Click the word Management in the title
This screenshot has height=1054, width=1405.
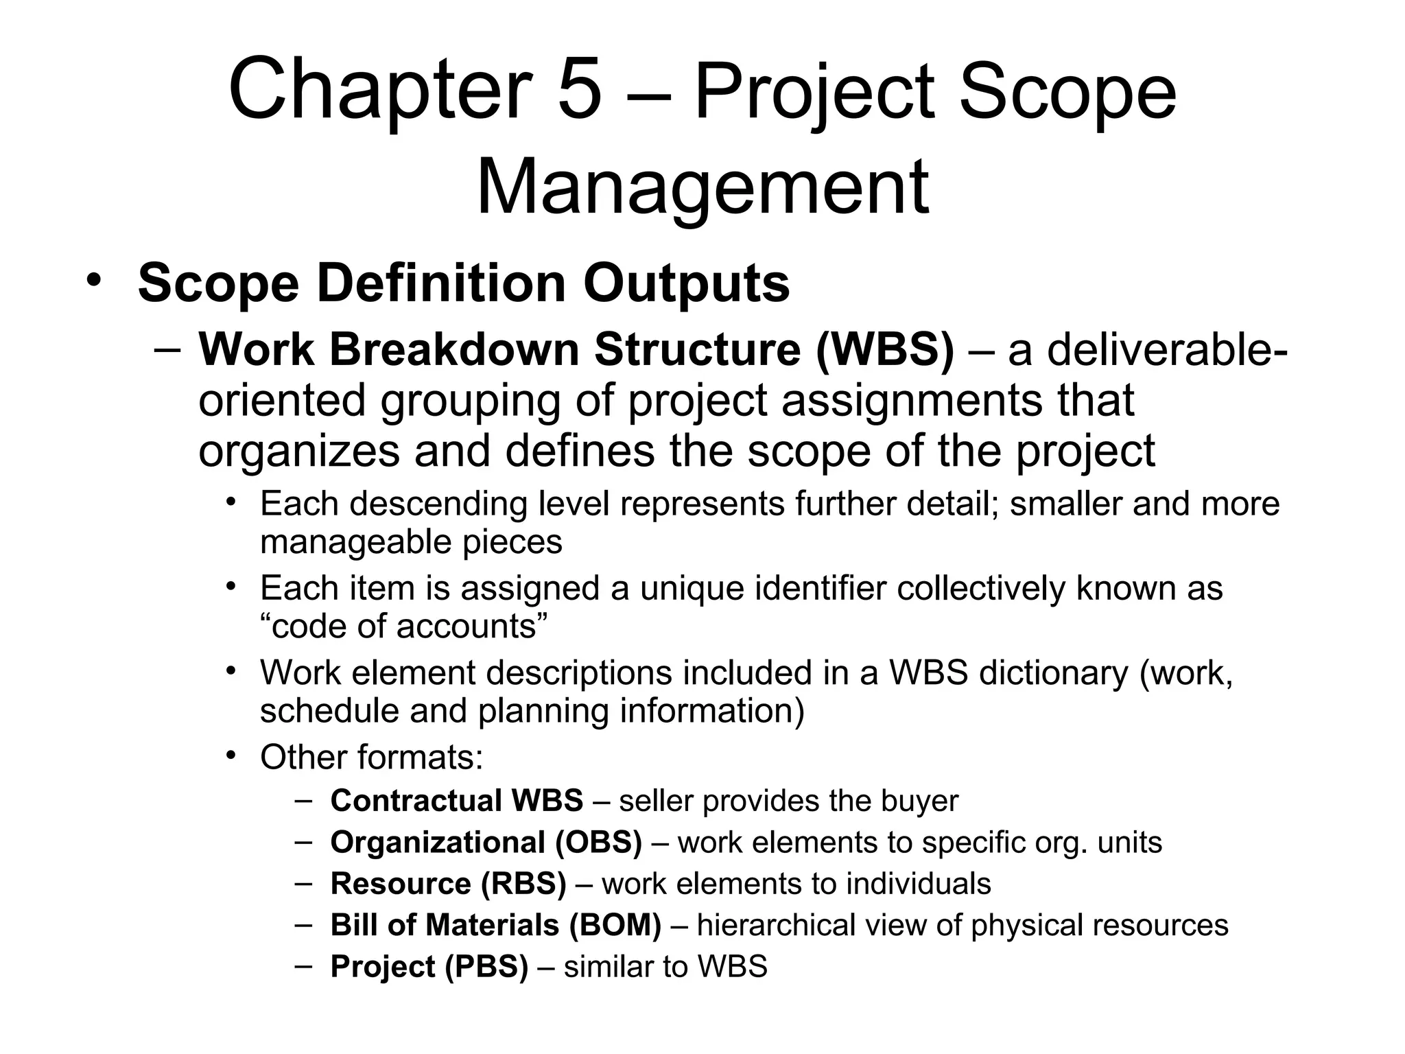tap(702, 187)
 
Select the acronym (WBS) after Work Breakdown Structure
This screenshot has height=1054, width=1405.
tap(885, 349)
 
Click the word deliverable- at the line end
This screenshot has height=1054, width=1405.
tap(1146, 349)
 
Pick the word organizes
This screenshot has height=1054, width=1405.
tap(299, 451)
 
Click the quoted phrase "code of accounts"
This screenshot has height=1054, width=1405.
tap(405, 626)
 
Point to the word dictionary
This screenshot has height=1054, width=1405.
tap(1053, 672)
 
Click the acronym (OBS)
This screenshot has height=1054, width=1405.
tap(598, 843)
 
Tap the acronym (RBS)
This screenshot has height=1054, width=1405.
tap(523, 884)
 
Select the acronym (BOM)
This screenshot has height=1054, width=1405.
tap(615, 925)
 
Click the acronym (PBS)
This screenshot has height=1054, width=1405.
tap(486, 967)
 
